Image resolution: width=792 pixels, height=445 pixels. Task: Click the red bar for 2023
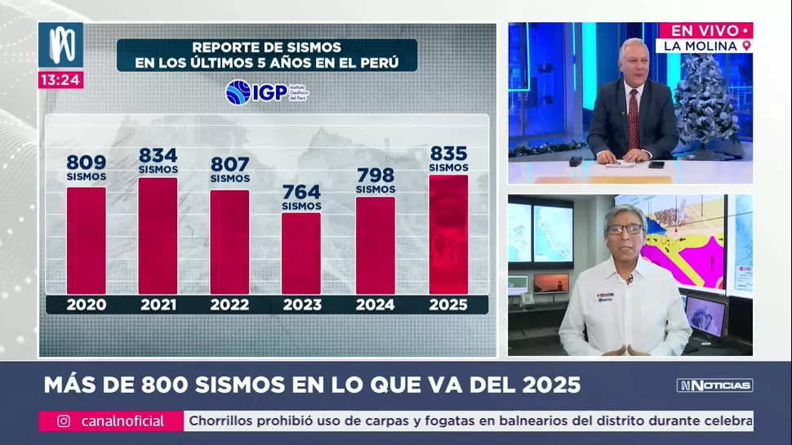pyautogui.click(x=301, y=253)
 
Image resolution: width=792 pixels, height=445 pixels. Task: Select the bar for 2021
pyautogui.click(x=158, y=235)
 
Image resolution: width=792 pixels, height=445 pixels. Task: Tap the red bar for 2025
pyautogui.click(x=448, y=234)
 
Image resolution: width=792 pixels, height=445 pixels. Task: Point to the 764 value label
pyautogui.click(x=301, y=192)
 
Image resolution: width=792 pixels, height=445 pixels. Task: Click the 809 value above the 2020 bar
pyautogui.click(x=86, y=162)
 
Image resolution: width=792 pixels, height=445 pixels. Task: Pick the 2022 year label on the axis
pyautogui.click(x=229, y=305)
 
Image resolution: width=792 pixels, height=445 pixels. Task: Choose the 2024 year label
pyautogui.click(x=376, y=305)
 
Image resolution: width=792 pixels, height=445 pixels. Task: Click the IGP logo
pyautogui.click(x=266, y=92)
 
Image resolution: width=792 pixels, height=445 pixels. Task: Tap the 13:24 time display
pyautogui.click(x=60, y=80)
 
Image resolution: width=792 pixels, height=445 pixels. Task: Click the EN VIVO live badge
pyautogui.click(x=705, y=30)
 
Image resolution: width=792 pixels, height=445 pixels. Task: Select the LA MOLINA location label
pyautogui.click(x=704, y=46)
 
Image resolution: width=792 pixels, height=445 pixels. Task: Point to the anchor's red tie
pyautogui.click(x=634, y=121)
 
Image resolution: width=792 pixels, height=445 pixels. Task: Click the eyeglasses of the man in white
pyautogui.click(x=624, y=229)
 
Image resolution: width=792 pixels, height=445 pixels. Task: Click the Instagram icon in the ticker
pyautogui.click(x=64, y=421)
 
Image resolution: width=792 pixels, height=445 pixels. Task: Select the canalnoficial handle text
pyautogui.click(x=122, y=421)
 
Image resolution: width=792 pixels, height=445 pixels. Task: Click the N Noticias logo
pyautogui.click(x=714, y=385)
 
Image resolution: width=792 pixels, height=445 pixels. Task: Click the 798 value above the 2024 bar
pyautogui.click(x=376, y=176)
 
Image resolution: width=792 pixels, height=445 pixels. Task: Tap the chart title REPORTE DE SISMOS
pyautogui.click(x=266, y=47)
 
